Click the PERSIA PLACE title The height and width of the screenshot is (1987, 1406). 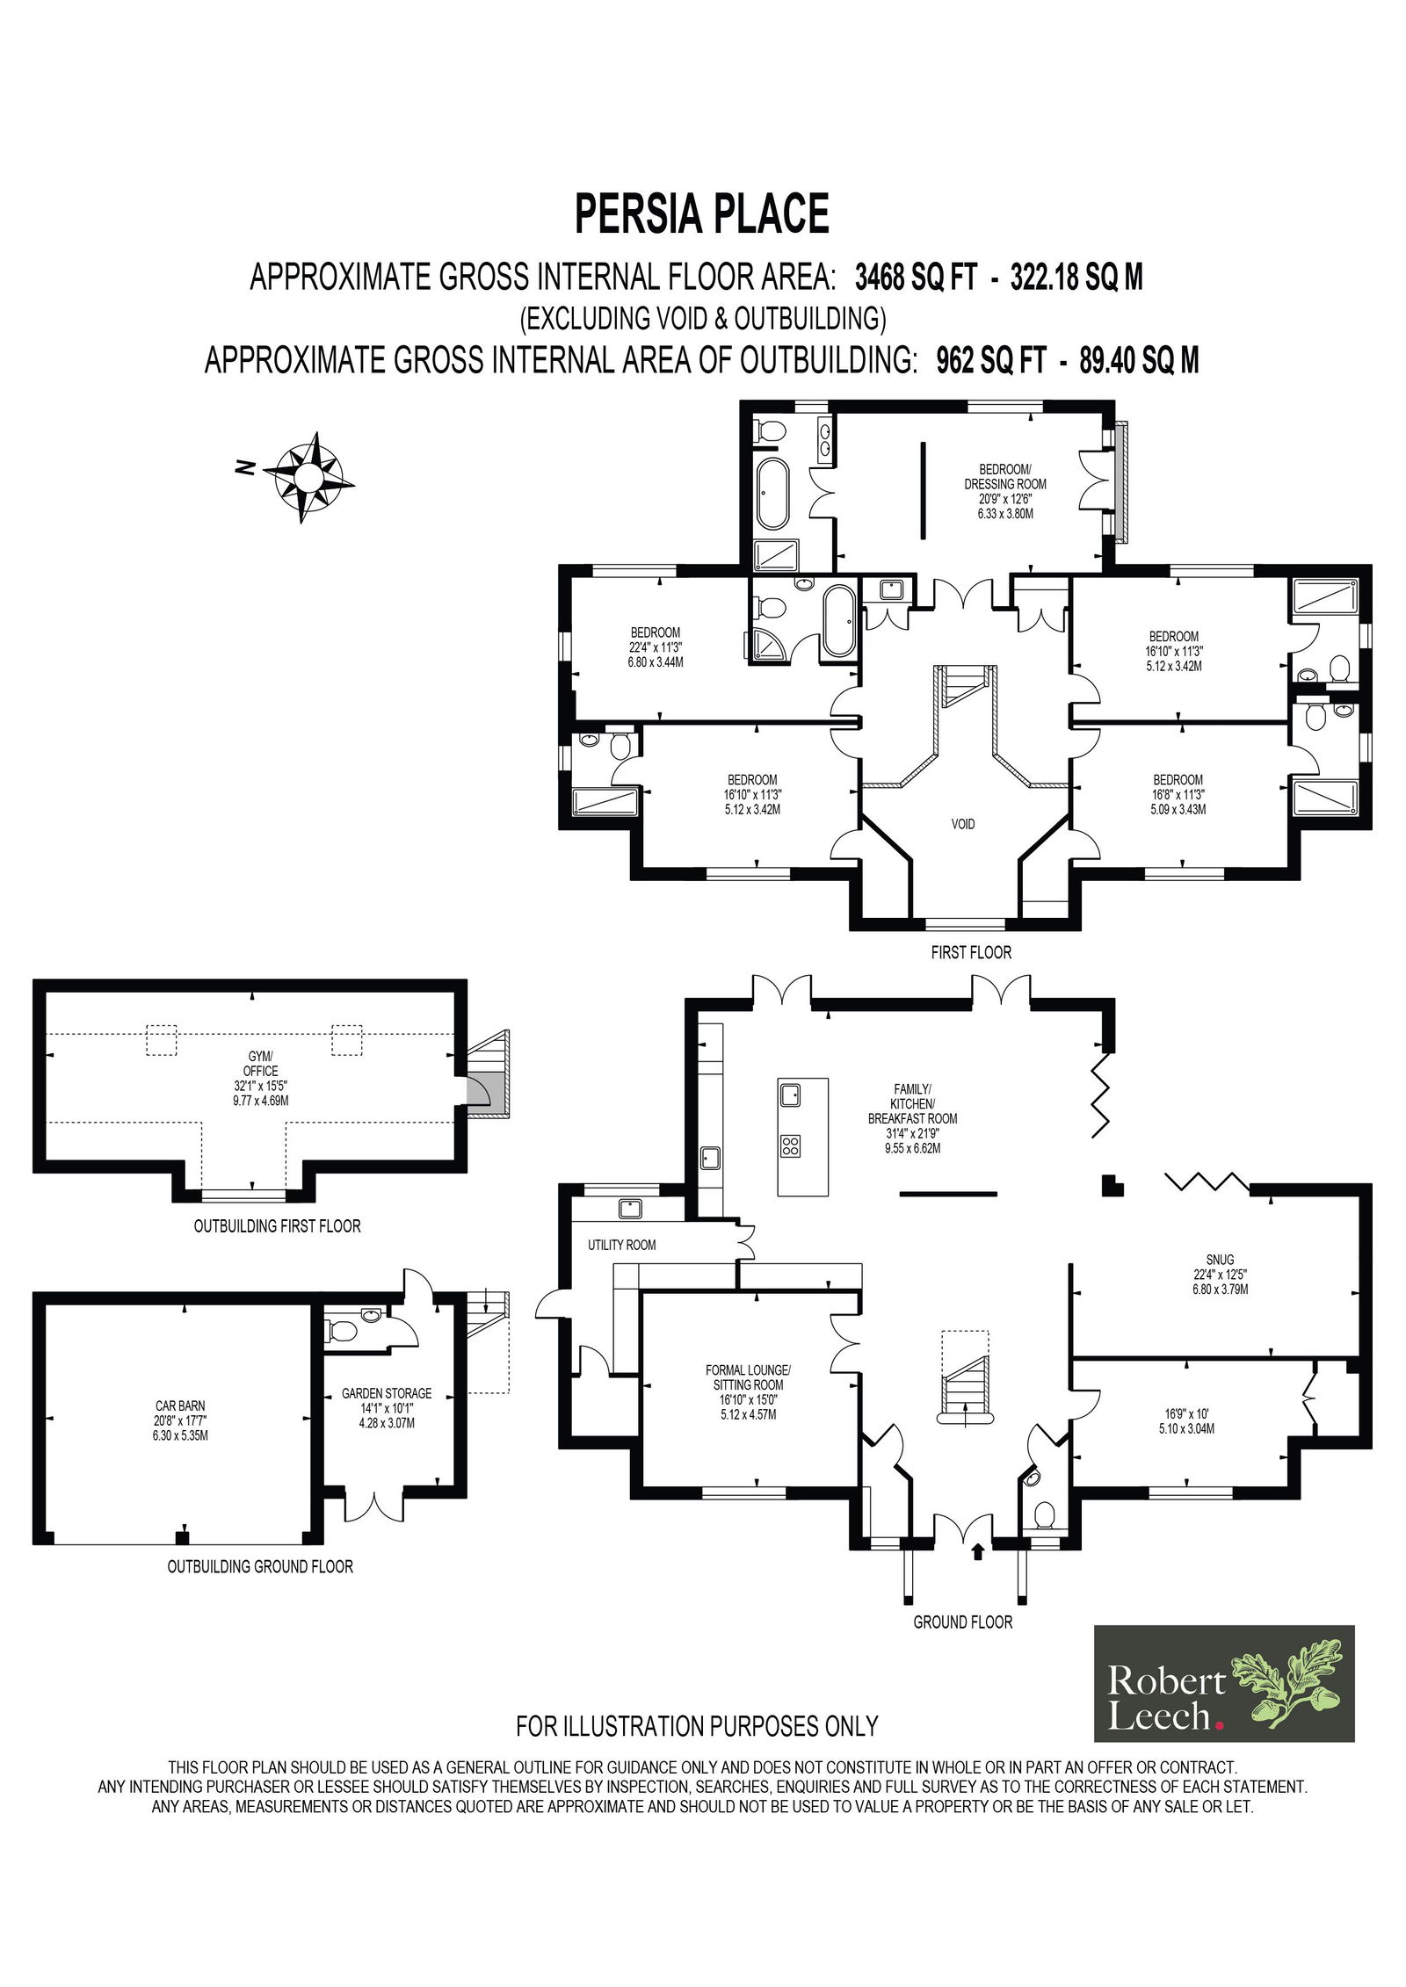coord(702,213)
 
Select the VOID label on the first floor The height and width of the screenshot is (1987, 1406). coord(963,824)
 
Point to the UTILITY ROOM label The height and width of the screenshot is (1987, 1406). coord(621,1245)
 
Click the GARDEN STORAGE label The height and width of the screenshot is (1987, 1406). coord(387,1393)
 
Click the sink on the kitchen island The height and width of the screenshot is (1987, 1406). coord(790,1095)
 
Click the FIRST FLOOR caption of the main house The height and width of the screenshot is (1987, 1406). coord(972,952)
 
